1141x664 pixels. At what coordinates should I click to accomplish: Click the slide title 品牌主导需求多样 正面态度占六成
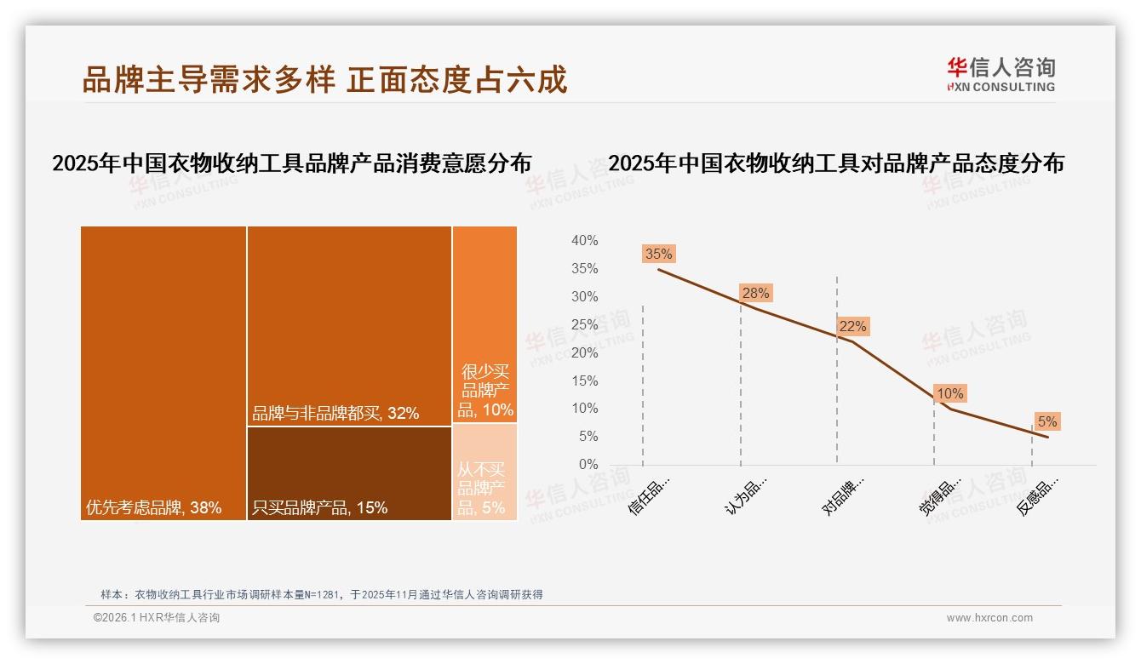coord(324,79)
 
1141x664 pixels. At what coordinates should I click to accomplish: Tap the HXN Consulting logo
coord(1001,74)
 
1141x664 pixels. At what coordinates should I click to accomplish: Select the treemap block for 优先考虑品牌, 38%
coord(163,372)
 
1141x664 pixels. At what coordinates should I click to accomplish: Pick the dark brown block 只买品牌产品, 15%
coord(349,472)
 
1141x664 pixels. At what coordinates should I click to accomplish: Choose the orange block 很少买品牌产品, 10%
coord(484,323)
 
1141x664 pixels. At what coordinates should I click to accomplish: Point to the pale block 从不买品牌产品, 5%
coord(484,472)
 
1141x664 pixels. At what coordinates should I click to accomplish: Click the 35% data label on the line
coord(658,254)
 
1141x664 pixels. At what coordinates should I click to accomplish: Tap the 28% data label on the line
coord(755,293)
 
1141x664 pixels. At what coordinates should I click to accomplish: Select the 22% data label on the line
coord(852,326)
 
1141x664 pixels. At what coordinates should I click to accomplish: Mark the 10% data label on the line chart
coord(949,393)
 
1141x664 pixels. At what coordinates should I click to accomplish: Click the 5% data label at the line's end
coord(1046,421)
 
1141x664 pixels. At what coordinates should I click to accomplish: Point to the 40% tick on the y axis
coord(584,241)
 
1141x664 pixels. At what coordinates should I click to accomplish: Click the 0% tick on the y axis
coord(588,465)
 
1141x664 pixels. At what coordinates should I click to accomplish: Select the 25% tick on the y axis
coord(584,325)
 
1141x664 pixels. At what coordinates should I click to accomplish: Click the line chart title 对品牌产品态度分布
coord(836,163)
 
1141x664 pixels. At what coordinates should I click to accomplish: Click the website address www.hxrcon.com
coord(989,618)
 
